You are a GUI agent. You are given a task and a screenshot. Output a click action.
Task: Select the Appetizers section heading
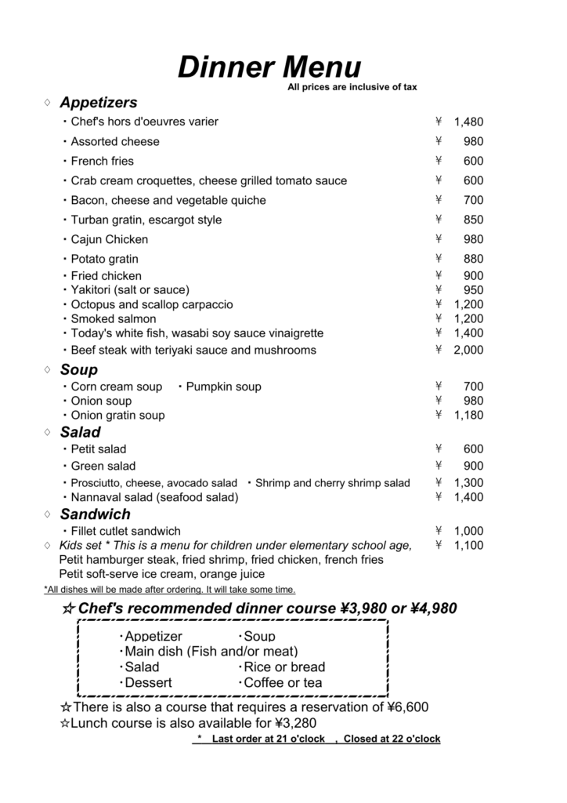point(98,103)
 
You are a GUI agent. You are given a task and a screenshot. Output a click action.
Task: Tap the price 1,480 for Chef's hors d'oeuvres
point(468,122)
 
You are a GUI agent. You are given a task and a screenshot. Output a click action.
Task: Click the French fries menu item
point(102,161)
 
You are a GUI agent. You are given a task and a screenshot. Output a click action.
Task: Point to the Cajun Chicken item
point(109,239)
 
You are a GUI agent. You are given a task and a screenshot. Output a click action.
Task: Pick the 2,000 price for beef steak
point(468,351)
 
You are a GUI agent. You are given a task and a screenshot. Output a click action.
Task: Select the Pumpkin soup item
point(223,387)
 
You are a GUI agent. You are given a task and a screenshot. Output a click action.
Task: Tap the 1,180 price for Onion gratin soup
point(468,416)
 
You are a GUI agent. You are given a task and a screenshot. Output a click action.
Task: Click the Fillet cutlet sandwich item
point(125,531)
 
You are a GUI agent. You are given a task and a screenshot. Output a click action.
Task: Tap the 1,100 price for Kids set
point(468,546)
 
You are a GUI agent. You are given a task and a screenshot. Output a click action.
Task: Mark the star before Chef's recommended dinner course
point(68,609)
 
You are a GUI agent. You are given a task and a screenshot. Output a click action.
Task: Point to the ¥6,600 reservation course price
point(408,707)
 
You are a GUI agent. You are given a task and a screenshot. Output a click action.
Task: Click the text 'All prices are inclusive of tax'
point(352,87)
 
